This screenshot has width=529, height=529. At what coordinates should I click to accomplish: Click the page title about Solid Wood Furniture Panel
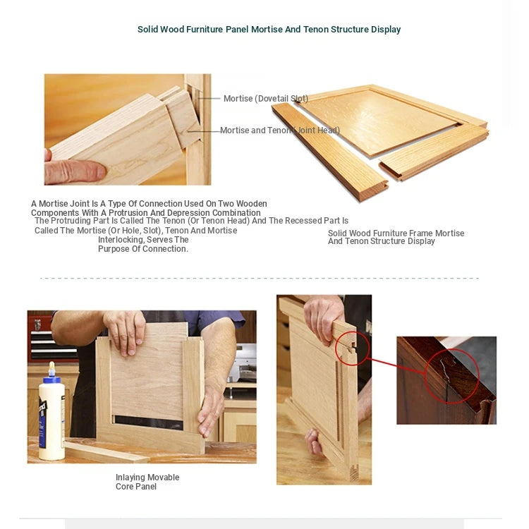coord(269,30)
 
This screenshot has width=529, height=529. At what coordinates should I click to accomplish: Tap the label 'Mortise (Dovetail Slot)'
coord(266,99)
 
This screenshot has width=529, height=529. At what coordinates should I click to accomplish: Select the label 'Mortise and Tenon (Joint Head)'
coord(280,130)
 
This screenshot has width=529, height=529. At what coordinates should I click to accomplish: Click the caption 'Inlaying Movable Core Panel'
coord(147,482)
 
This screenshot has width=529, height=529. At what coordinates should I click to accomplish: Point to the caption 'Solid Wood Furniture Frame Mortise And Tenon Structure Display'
coord(396,237)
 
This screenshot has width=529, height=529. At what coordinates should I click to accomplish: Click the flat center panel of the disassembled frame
coord(378,121)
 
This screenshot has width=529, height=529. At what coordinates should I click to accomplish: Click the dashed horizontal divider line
coord(260,279)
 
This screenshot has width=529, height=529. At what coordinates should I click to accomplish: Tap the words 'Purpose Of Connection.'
coord(143,249)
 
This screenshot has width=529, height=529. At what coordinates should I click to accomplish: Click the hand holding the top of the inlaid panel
coord(125,332)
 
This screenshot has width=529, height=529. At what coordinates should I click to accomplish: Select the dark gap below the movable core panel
coord(149,422)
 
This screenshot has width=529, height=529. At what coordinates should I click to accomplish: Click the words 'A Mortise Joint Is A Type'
coord(79,204)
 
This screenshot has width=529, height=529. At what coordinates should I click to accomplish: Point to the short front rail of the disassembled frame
coord(434,152)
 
